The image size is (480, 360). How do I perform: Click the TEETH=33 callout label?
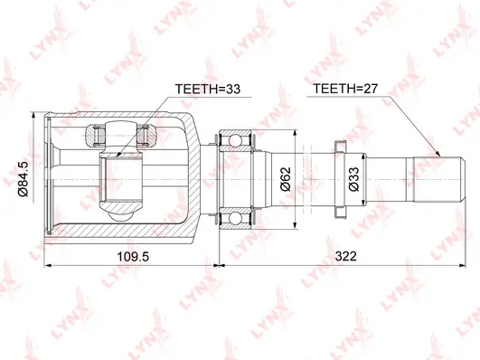(208, 89)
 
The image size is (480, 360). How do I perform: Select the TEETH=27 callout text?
(345, 89)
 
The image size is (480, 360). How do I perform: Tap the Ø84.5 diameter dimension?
(24, 178)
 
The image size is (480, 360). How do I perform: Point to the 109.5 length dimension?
(133, 257)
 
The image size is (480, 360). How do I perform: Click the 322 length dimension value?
(346, 256)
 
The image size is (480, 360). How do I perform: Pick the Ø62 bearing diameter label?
(286, 179)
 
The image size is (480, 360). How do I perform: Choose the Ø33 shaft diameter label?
(354, 179)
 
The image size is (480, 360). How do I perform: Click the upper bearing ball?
(235, 140)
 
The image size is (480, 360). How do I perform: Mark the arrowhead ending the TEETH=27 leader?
(438, 154)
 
